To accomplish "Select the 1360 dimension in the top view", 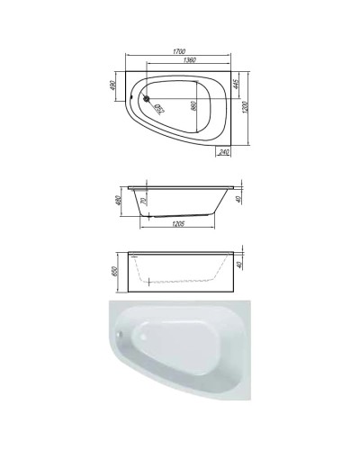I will point(187,61).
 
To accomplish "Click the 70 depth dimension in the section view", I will point(144,204).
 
